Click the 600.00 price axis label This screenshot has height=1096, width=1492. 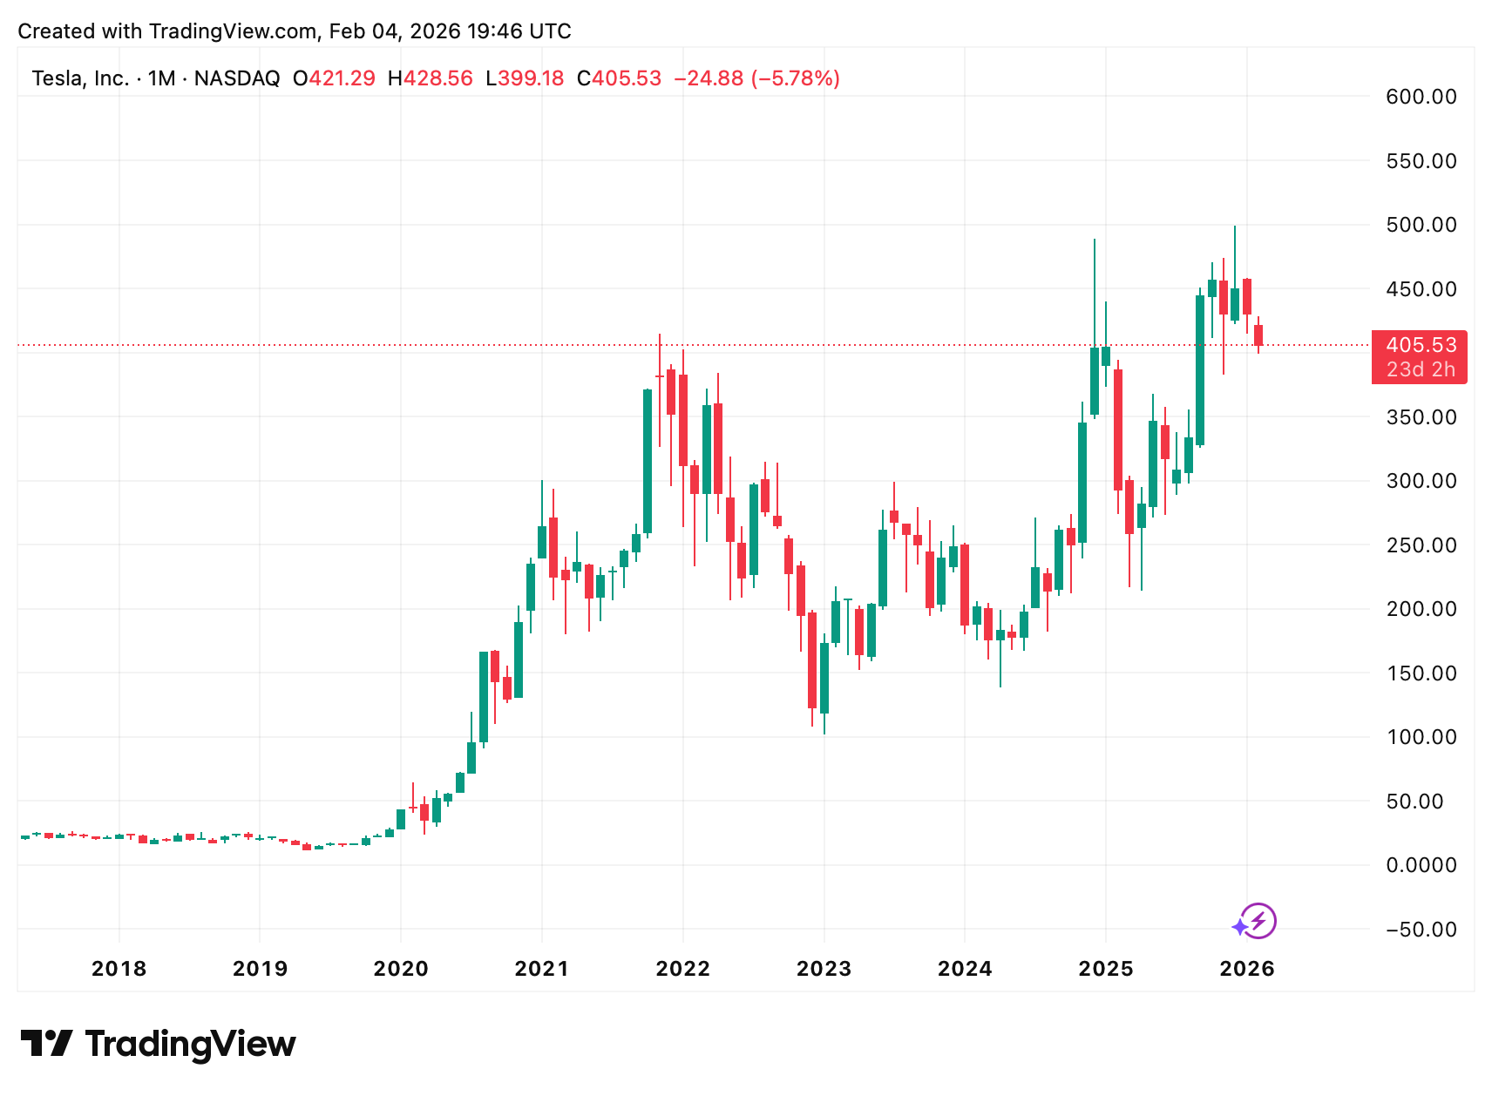pos(1421,97)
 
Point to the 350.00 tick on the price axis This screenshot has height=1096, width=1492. pos(1421,417)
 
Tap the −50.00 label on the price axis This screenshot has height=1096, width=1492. pos(1421,930)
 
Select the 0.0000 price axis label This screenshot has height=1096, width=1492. pos(1421,865)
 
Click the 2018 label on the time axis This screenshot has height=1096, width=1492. pos(119,969)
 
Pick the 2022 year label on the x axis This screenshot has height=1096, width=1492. pos(682,969)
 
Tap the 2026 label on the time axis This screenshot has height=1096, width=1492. pos(1246,969)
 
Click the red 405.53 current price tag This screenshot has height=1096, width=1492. pos(1421,346)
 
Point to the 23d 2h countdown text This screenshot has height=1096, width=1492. pos(1421,369)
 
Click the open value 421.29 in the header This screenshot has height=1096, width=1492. pos(342,78)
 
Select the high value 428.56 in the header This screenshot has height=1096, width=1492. pos(437,78)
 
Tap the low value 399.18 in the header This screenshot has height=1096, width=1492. pos(531,78)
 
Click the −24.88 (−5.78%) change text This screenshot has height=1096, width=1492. pos(756,78)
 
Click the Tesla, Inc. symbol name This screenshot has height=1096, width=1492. pos(80,78)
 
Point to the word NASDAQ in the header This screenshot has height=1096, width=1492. pos(237,78)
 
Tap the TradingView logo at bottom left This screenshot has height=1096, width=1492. pos(158,1044)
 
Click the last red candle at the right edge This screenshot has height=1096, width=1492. pos(1258,335)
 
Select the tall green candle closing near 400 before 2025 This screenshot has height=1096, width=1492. pos(1095,382)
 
